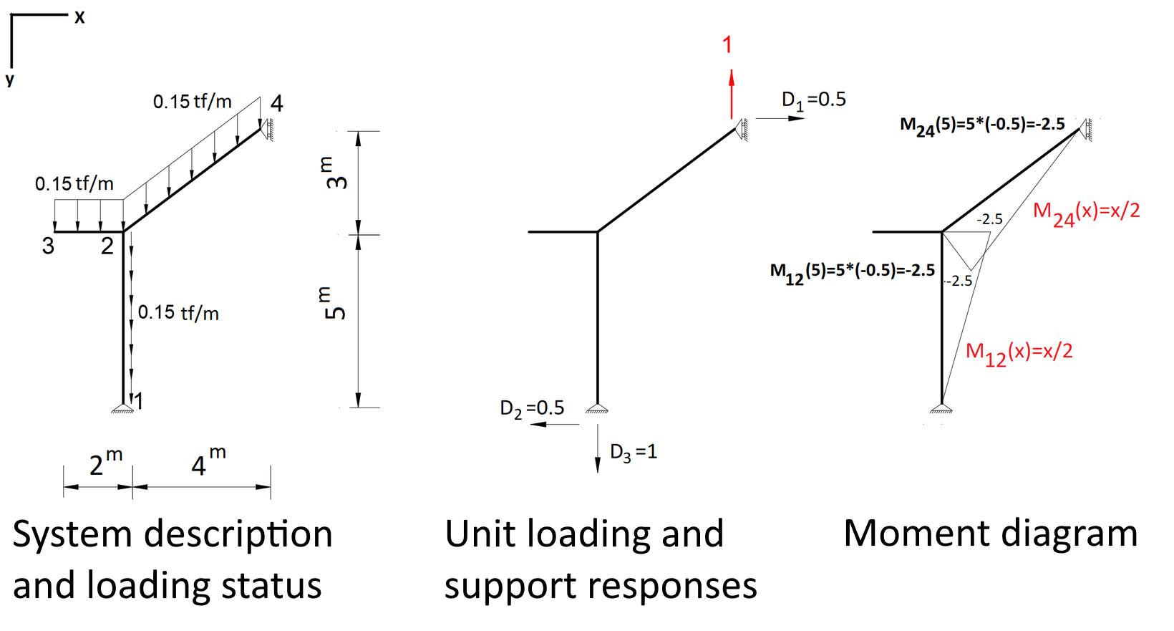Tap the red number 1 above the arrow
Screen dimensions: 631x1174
tap(727, 45)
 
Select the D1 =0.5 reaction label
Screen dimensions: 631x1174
tap(813, 100)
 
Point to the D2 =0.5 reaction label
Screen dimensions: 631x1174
tap(532, 408)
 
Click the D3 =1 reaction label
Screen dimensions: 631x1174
tap(633, 452)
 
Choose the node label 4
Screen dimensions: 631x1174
tap(277, 104)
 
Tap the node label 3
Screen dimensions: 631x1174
tap(48, 246)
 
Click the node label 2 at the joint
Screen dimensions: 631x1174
tap(107, 246)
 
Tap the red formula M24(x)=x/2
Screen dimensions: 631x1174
tap(1086, 213)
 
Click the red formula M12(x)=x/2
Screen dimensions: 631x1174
tap(1019, 352)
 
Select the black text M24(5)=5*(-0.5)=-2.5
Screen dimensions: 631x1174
tap(981, 125)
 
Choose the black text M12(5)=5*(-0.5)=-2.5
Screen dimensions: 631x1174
tap(852, 271)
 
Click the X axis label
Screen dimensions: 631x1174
tap(79, 17)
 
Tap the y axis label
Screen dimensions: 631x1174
tap(10, 79)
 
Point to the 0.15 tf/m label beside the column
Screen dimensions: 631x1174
tap(178, 312)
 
